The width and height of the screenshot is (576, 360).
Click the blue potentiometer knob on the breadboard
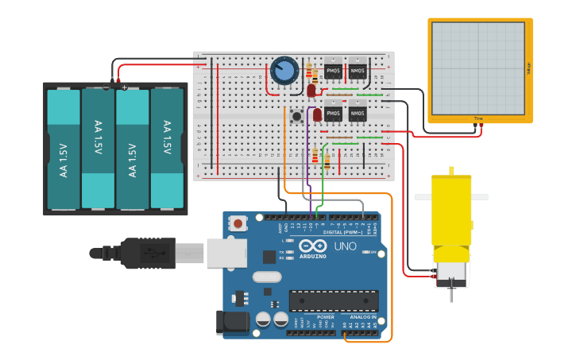284,72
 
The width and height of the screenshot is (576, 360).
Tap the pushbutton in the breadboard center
296,116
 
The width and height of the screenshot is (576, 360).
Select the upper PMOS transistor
333,72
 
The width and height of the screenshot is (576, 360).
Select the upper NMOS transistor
358,72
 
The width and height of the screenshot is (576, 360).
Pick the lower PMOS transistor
333,114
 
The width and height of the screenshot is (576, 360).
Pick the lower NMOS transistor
358,114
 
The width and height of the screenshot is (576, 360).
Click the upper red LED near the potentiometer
311,91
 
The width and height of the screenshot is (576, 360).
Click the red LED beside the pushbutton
317,115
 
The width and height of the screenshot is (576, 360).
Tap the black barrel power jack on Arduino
231,320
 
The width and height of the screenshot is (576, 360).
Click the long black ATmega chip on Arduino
333,301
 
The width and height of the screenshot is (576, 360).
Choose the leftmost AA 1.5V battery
64,149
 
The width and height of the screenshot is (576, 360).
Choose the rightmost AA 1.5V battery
167,149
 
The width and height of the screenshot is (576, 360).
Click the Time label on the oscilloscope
478,118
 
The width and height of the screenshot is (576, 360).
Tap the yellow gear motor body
451,211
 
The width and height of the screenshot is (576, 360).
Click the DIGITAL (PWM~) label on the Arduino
344,232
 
